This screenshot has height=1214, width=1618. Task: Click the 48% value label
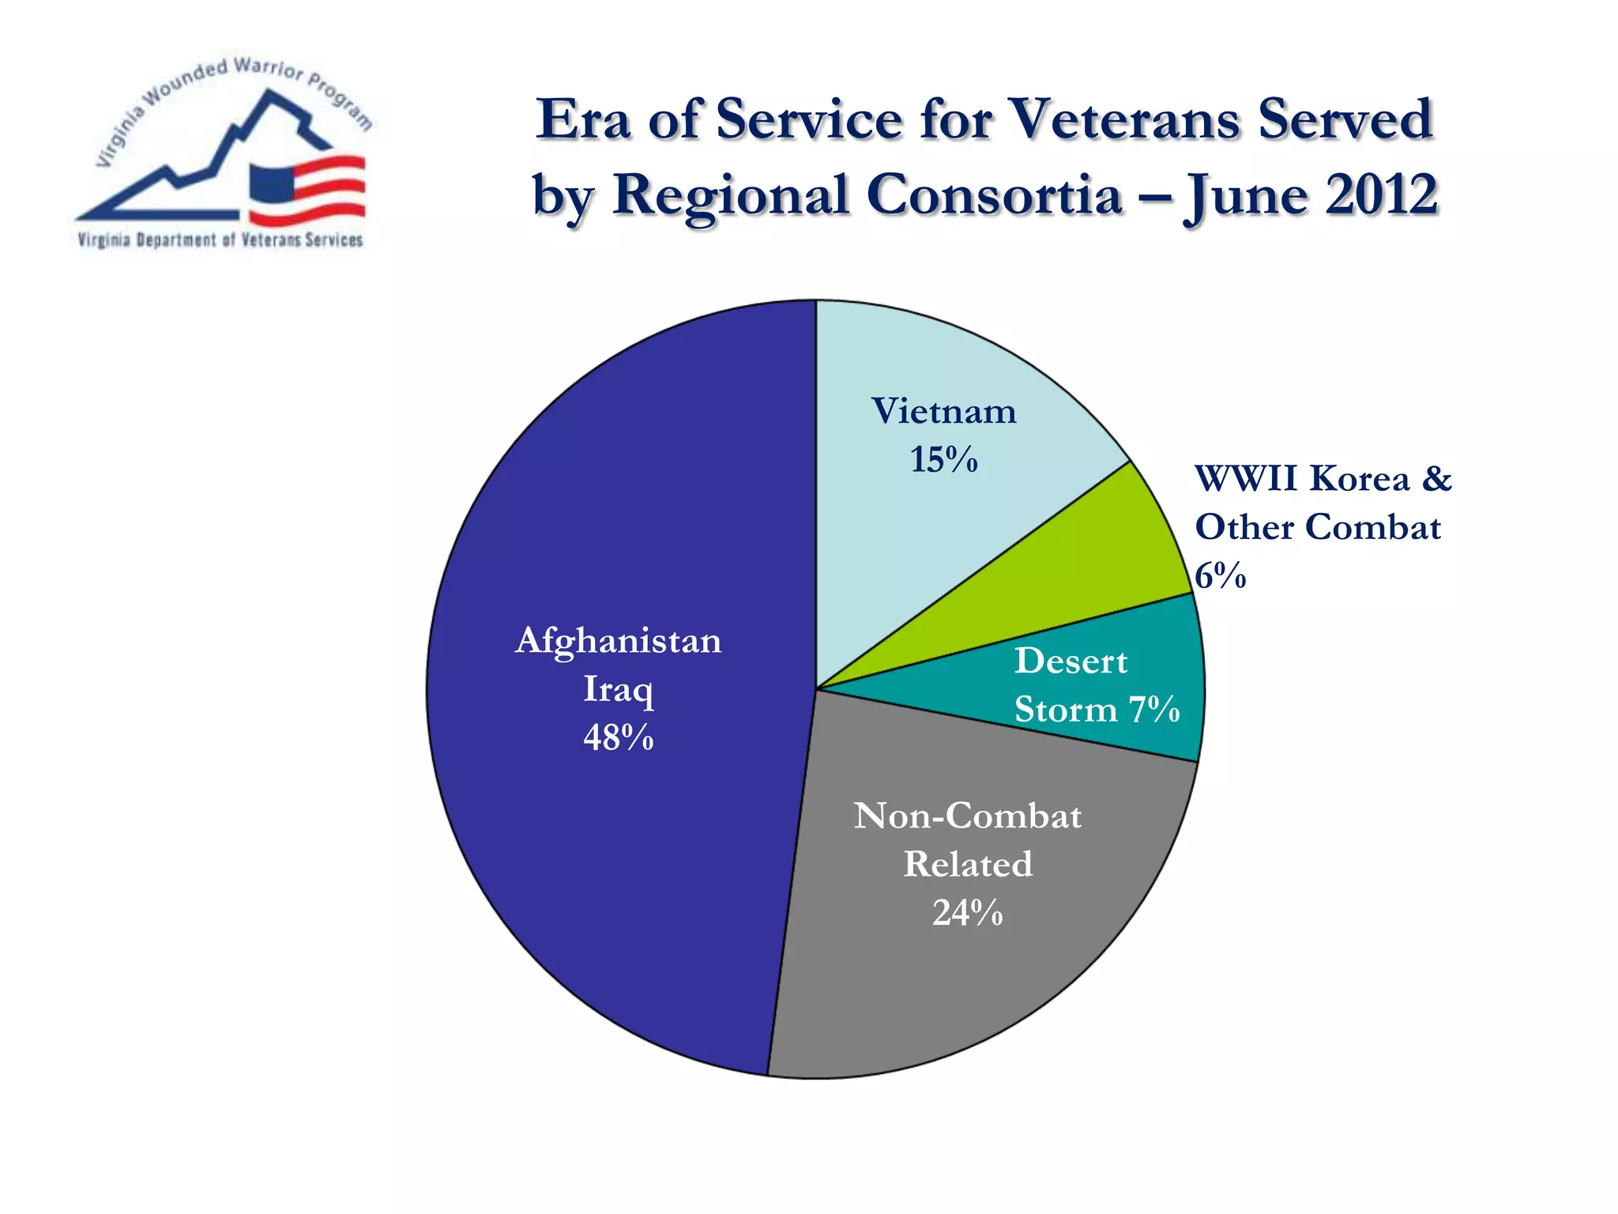619,738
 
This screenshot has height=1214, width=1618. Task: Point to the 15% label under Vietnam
943,460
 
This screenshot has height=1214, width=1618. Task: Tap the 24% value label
967,913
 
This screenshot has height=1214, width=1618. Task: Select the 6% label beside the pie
1220,576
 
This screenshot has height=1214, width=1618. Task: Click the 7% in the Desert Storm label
1153,709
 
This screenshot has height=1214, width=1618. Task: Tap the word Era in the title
584,120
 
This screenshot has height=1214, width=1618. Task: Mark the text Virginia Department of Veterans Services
220,240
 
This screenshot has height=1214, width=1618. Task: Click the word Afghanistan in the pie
619,640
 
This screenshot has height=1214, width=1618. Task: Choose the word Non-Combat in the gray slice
967,816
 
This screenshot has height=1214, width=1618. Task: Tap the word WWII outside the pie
1245,479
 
